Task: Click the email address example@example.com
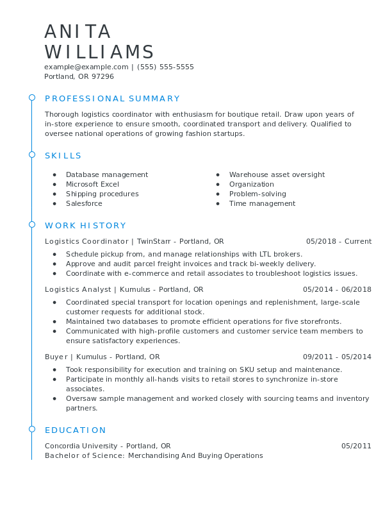point(86,67)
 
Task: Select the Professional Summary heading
point(112,99)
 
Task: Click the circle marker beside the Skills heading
point(31,155)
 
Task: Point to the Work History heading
point(85,226)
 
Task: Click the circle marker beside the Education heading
point(31,428)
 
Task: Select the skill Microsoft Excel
point(92,184)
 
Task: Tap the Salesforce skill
point(84,203)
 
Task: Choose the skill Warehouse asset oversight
point(277,174)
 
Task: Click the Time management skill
point(262,203)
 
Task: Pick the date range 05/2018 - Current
point(338,241)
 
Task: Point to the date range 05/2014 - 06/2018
point(337,289)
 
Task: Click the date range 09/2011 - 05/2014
point(337,357)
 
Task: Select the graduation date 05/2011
point(356,446)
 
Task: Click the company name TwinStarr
point(156,241)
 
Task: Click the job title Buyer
point(56,357)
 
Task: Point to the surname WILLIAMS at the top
point(99,53)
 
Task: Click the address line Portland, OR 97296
point(79,76)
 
